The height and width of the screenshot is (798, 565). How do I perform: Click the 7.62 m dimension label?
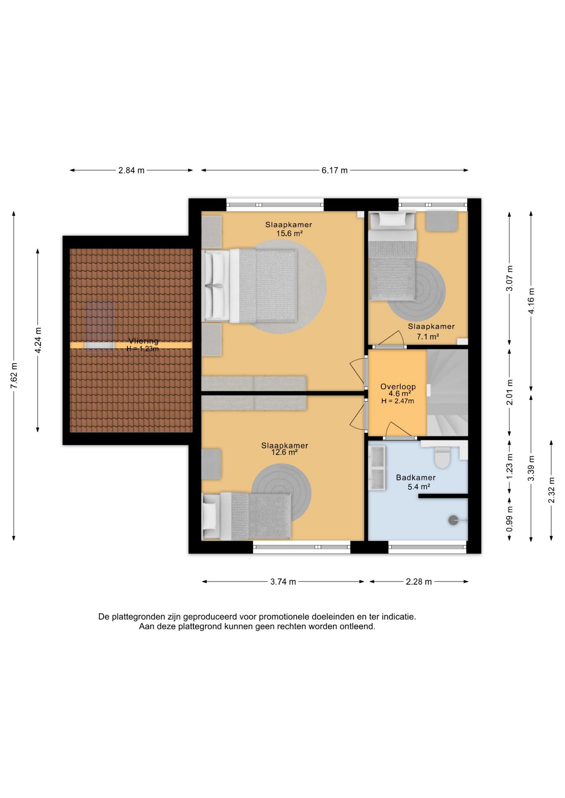14,376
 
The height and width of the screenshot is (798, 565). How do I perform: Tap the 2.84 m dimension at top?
131,170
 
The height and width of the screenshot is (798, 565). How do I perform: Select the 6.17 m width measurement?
335,170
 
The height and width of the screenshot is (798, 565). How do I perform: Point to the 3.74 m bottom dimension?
283,581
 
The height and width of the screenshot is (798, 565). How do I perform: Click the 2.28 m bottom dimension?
419,581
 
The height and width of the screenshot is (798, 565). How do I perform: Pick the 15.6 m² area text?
289,234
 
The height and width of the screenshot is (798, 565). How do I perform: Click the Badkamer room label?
416,478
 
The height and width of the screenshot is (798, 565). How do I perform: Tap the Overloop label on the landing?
398,387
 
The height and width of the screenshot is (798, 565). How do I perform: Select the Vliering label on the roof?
144,341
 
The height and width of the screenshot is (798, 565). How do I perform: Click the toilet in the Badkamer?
442,457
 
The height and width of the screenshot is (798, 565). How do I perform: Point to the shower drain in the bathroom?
453,520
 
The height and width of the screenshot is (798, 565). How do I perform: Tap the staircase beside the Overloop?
448,392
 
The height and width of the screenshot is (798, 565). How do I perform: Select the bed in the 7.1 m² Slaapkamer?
392,256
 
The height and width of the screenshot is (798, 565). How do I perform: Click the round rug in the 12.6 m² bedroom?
281,493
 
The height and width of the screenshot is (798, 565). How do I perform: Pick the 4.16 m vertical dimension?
531,301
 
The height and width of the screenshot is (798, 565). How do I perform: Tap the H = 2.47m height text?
398,401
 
